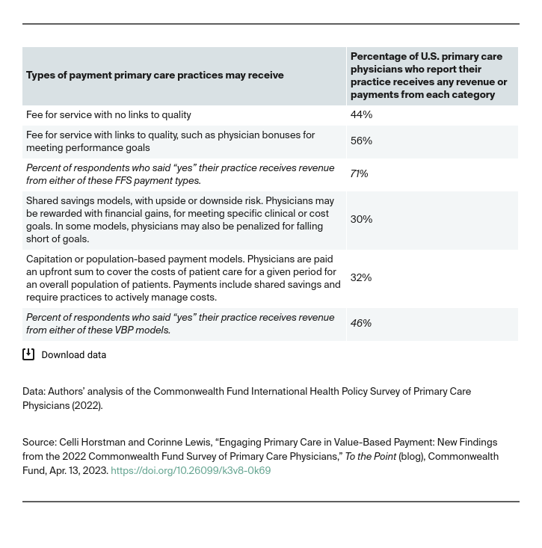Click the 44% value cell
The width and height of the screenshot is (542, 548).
361,115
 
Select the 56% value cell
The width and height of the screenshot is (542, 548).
361,141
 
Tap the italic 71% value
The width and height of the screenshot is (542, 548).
359,174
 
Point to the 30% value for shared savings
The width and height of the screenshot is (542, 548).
361,220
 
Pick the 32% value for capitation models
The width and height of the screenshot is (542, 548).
361,278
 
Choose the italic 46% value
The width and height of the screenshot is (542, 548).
361,324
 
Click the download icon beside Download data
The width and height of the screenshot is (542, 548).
28,354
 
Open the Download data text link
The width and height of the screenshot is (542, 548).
73,355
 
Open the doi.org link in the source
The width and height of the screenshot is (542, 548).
191,471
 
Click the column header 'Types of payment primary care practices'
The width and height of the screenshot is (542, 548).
155,76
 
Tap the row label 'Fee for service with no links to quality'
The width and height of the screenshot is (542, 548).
108,115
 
